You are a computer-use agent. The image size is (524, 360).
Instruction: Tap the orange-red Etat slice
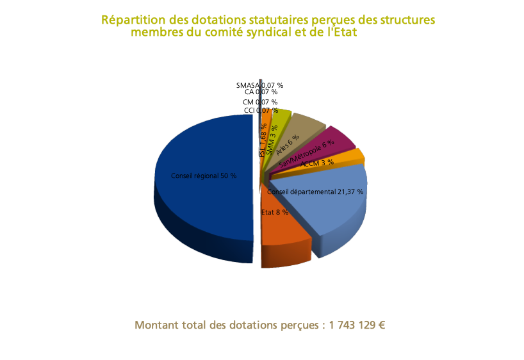click(x=285, y=231)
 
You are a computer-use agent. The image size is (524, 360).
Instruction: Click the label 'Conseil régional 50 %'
click(x=204, y=176)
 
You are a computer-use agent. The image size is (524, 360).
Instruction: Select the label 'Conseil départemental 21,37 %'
click(x=315, y=192)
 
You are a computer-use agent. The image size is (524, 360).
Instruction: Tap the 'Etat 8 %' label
click(x=274, y=212)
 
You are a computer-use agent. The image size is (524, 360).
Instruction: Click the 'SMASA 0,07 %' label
click(x=259, y=85)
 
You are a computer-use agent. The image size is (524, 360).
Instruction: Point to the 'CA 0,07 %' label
click(x=261, y=92)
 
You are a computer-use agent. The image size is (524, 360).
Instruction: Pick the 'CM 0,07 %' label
click(x=260, y=102)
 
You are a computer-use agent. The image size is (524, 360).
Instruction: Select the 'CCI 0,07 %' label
click(x=261, y=111)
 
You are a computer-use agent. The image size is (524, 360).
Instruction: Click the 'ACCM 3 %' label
click(x=317, y=163)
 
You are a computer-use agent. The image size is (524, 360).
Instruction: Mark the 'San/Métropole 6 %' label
click(x=306, y=154)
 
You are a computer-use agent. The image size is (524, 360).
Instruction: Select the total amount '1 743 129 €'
click(x=357, y=325)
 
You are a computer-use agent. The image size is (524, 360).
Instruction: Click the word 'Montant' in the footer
click(x=156, y=325)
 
